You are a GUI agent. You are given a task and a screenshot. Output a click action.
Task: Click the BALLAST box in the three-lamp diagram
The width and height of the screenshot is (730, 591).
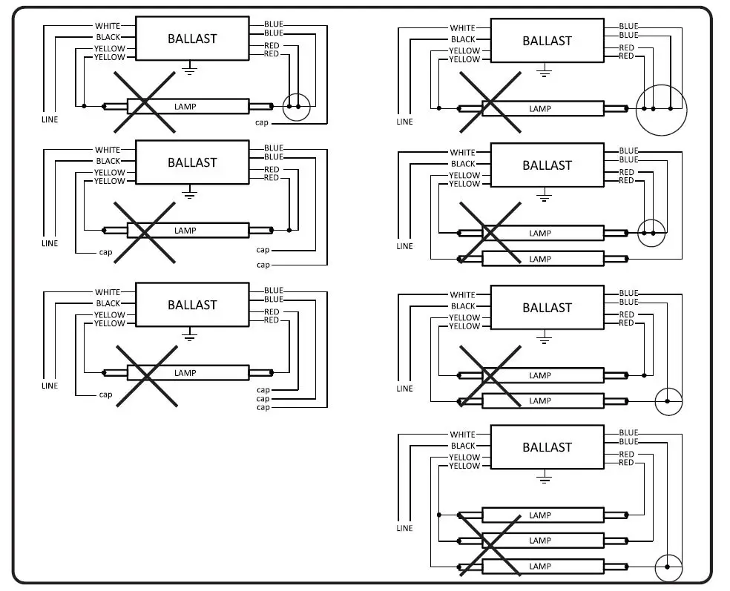pyautogui.click(x=547, y=447)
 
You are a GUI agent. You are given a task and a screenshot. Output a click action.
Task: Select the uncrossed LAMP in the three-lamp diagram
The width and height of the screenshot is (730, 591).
pyautogui.click(x=539, y=515)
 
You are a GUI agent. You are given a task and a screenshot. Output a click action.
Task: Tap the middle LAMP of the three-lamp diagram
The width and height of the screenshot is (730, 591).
pyautogui.click(x=539, y=541)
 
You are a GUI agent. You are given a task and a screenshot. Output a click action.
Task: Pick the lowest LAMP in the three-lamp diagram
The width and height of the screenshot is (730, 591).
pyautogui.click(x=539, y=567)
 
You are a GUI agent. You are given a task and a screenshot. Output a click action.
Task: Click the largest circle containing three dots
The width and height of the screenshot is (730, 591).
pyautogui.click(x=661, y=110)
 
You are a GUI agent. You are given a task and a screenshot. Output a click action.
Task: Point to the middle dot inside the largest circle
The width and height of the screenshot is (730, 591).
pyautogui.click(x=654, y=109)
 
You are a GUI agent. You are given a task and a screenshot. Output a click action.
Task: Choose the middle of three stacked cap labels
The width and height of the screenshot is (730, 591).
pyautogui.click(x=263, y=399)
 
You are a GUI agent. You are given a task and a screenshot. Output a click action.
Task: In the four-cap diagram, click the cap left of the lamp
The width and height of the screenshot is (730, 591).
pyautogui.click(x=105, y=394)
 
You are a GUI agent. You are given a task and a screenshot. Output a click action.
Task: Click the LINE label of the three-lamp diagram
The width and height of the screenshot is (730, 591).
pyautogui.click(x=404, y=528)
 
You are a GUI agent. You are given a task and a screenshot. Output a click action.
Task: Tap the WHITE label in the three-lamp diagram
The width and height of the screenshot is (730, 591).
pyautogui.click(x=462, y=435)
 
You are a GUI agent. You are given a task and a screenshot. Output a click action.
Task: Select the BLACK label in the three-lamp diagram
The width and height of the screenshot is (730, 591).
pyautogui.click(x=462, y=446)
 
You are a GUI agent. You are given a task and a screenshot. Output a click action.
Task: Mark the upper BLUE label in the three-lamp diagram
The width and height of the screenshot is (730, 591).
pyautogui.click(x=628, y=433)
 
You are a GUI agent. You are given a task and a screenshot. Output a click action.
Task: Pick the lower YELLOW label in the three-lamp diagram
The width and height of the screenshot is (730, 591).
pyautogui.click(x=464, y=466)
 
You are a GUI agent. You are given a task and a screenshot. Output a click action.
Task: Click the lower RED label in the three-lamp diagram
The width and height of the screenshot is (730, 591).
pyautogui.click(x=626, y=463)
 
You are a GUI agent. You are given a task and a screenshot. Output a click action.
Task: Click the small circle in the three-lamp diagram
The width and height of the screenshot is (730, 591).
pyautogui.click(x=668, y=567)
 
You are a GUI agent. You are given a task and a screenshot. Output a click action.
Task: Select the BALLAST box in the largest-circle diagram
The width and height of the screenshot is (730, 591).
pyautogui.click(x=547, y=41)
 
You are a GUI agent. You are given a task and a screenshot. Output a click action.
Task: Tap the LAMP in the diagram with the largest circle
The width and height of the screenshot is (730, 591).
pyautogui.click(x=539, y=109)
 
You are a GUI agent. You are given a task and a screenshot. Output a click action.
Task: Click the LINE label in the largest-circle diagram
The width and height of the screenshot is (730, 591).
pyautogui.click(x=404, y=122)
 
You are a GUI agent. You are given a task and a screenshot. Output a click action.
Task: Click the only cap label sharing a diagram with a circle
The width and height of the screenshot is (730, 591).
pyautogui.click(x=262, y=122)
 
